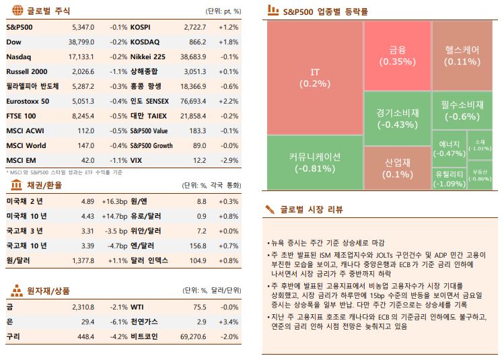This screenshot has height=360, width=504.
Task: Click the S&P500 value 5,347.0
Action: (82, 27)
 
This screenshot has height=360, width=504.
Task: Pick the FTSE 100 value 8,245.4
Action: (82, 116)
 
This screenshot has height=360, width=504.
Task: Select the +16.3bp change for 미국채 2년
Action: (114, 201)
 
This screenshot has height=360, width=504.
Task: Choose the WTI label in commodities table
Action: (137, 307)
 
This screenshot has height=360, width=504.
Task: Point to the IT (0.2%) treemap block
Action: (314, 77)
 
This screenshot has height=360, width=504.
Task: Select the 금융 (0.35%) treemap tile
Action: (397, 55)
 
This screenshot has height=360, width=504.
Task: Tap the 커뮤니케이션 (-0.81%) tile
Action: (314, 162)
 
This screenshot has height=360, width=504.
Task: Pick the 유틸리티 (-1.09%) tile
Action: (448, 178)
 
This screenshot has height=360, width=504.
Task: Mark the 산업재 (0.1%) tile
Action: (397, 168)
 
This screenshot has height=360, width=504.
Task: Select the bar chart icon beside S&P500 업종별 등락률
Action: (273, 10)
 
